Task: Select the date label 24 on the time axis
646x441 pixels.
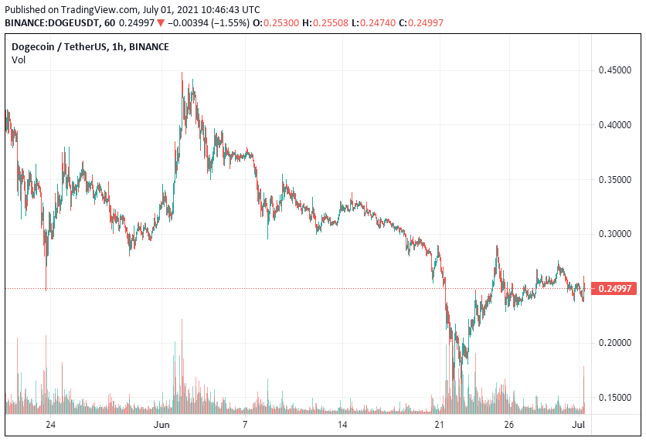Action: click(x=50, y=425)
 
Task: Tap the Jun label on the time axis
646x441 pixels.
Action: click(x=161, y=425)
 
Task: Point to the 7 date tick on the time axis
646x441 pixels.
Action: click(x=245, y=425)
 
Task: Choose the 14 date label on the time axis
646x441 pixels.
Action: click(x=342, y=425)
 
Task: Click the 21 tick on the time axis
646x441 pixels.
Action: click(x=440, y=425)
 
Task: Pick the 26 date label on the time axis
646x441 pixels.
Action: click(x=510, y=425)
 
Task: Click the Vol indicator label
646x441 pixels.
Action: click(x=19, y=60)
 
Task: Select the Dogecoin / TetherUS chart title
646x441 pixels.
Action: click(x=60, y=47)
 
